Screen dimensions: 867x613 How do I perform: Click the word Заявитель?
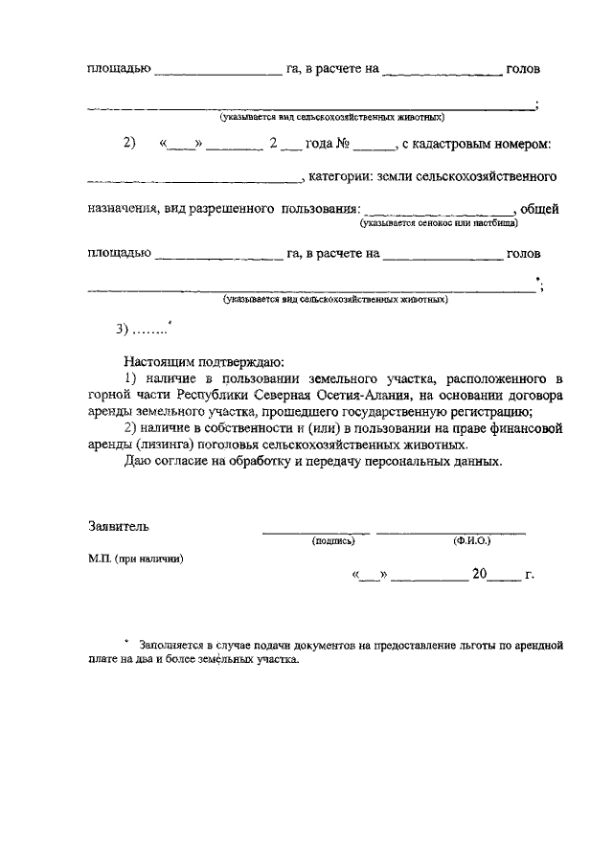(117, 526)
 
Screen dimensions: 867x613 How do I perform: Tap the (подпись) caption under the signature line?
(333, 541)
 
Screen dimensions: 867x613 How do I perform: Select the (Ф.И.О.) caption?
(471, 541)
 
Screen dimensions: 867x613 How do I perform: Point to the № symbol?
(341, 144)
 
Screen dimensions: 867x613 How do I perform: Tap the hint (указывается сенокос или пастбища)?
(439, 222)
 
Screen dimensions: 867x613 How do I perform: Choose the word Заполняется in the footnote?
(170, 645)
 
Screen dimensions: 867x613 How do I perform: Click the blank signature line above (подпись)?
(315, 531)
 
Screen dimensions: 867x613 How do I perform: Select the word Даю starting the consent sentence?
(137, 461)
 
